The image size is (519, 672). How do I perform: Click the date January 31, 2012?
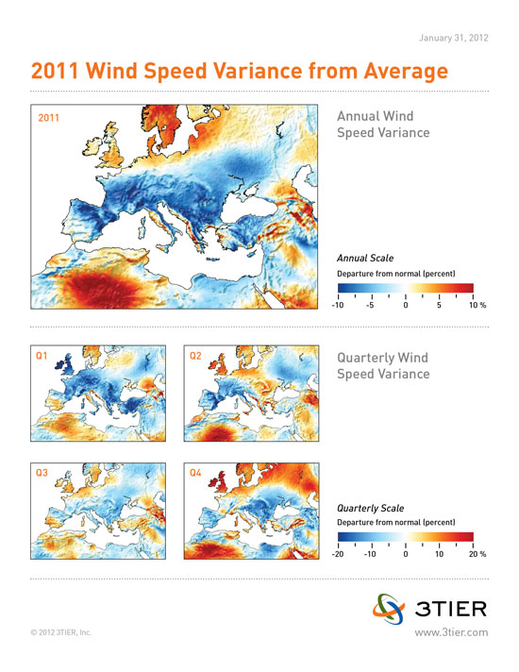pos(454,38)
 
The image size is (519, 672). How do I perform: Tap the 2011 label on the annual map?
pos(48,118)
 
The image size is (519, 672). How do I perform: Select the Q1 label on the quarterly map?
pos(42,356)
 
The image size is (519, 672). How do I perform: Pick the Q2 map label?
pos(195,356)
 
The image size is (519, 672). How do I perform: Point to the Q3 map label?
pos(42,473)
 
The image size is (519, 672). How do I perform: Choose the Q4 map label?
pos(195,473)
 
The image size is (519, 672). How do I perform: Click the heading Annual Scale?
pos(365,258)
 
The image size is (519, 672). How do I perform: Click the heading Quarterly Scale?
pos(370,509)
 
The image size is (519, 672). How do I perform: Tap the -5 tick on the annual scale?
pos(370,305)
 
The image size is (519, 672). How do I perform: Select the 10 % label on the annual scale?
pos(477,305)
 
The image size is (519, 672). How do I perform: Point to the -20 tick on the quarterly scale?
pos(338,554)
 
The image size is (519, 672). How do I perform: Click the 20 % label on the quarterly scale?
pos(477,554)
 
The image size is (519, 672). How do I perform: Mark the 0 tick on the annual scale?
pos(406,305)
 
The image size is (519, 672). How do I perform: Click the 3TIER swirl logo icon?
pos(389,609)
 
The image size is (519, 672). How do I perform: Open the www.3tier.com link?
pos(451,632)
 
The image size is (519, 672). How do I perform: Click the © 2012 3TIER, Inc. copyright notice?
pos(61,632)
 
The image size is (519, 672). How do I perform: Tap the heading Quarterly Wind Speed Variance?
pos(383,365)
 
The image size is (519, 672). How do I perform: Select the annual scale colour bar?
pos(406,288)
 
